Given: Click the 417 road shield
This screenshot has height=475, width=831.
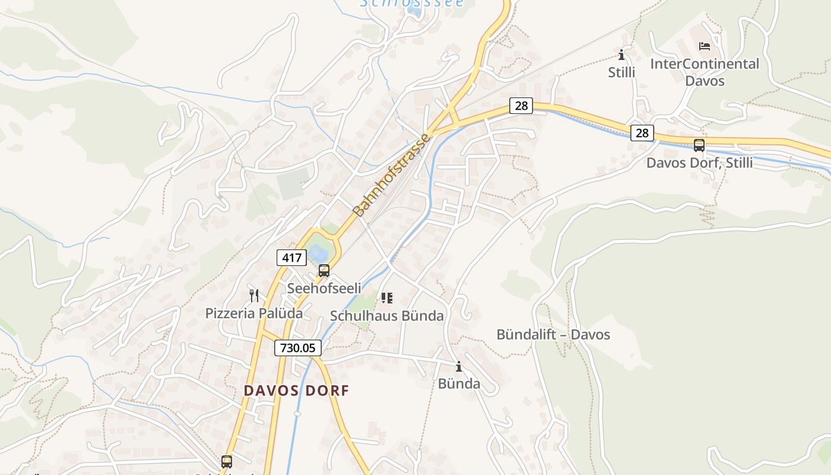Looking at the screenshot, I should [x=291, y=258].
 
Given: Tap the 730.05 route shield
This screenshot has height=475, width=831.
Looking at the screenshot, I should [x=298, y=348].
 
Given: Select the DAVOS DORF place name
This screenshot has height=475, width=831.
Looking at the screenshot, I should [x=296, y=391].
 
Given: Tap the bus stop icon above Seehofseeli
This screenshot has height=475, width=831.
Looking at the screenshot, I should [x=323, y=271].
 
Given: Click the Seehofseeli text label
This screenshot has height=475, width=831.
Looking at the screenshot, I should [x=324, y=288].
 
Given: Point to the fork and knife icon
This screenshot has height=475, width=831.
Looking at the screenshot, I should [x=254, y=295].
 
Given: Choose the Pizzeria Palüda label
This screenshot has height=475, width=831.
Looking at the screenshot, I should [x=254, y=313].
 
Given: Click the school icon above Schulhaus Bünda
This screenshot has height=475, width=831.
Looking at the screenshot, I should [x=387, y=297].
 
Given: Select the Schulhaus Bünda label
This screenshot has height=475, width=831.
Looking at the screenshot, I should [x=387, y=316].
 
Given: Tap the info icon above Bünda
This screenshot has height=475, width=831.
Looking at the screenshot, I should [x=459, y=366].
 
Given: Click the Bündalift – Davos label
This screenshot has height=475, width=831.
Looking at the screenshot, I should [x=553, y=334].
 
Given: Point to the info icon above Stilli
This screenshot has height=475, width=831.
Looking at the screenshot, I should [x=621, y=55].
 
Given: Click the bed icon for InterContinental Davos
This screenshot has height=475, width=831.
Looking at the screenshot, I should [x=705, y=46].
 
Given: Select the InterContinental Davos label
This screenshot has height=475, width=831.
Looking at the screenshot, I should [x=705, y=72].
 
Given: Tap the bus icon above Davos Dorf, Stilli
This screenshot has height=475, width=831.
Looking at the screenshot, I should [x=699, y=145].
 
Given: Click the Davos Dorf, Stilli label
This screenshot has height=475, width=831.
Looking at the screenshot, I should [x=699, y=162].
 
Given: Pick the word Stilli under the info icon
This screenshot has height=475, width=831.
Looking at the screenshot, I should [x=621, y=72].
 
